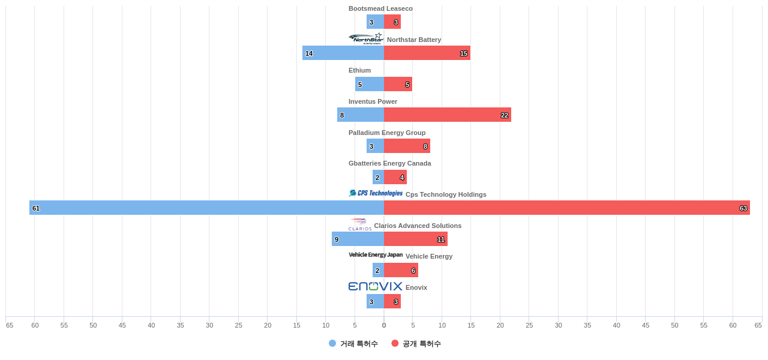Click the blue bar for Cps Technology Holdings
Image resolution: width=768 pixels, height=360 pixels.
206,208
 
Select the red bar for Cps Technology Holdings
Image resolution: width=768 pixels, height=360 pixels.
566,208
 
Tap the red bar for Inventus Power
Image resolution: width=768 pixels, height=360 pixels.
447,115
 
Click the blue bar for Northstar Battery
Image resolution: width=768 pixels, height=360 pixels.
343,53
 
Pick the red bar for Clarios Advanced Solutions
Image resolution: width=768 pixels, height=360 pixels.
415,239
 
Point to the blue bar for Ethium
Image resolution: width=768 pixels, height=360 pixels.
370,84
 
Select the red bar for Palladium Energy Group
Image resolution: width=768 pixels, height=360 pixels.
407,146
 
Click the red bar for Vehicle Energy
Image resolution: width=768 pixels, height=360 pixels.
401,270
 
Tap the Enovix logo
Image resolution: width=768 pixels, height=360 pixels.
375,286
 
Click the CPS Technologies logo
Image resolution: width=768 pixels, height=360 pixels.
376,193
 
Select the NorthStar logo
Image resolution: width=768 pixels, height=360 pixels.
366,39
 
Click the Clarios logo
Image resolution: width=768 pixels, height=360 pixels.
360,224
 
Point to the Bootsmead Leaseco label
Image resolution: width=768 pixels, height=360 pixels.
380,8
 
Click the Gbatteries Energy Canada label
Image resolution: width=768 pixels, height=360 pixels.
389,163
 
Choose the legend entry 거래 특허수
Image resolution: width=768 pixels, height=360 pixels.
353,344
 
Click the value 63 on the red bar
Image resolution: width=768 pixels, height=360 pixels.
743,208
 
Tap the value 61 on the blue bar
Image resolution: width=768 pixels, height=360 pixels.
36,208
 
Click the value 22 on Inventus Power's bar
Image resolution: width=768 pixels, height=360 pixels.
505,115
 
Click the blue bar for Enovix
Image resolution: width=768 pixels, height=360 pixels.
375,301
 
